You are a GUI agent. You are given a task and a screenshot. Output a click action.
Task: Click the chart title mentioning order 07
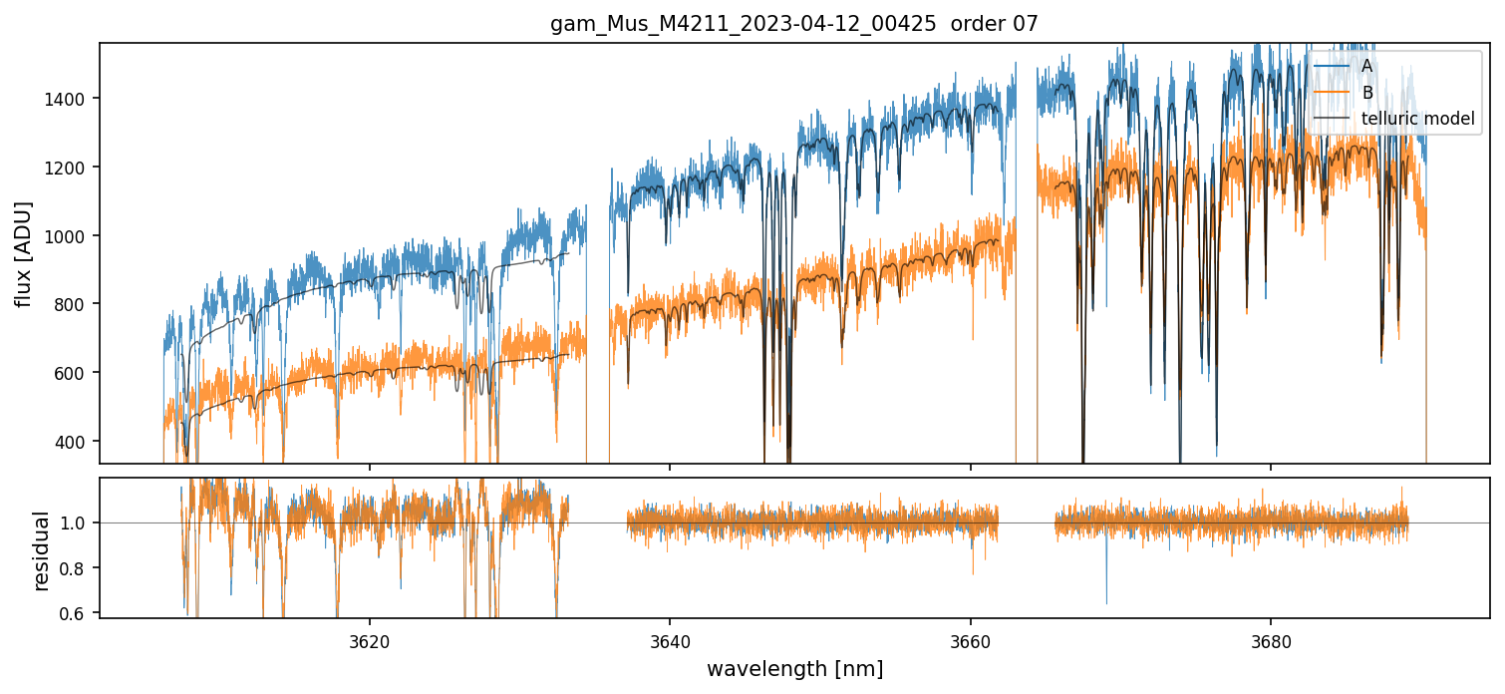coord(793,24)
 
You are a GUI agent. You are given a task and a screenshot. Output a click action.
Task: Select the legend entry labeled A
coord(1367,66)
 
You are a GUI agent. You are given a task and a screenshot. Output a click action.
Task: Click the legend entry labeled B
coord(1367,93)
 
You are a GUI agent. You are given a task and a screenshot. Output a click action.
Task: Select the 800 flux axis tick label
coord(76,304)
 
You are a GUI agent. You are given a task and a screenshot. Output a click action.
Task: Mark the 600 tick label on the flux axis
coord(76,373)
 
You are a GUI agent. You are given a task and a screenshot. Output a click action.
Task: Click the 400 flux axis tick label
coord(76,442)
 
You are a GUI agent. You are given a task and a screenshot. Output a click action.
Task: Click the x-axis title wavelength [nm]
coord(794,668)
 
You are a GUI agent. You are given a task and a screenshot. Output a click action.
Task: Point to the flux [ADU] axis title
coord(23,253)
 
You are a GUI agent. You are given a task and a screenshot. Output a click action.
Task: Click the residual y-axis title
coord(41,549)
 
